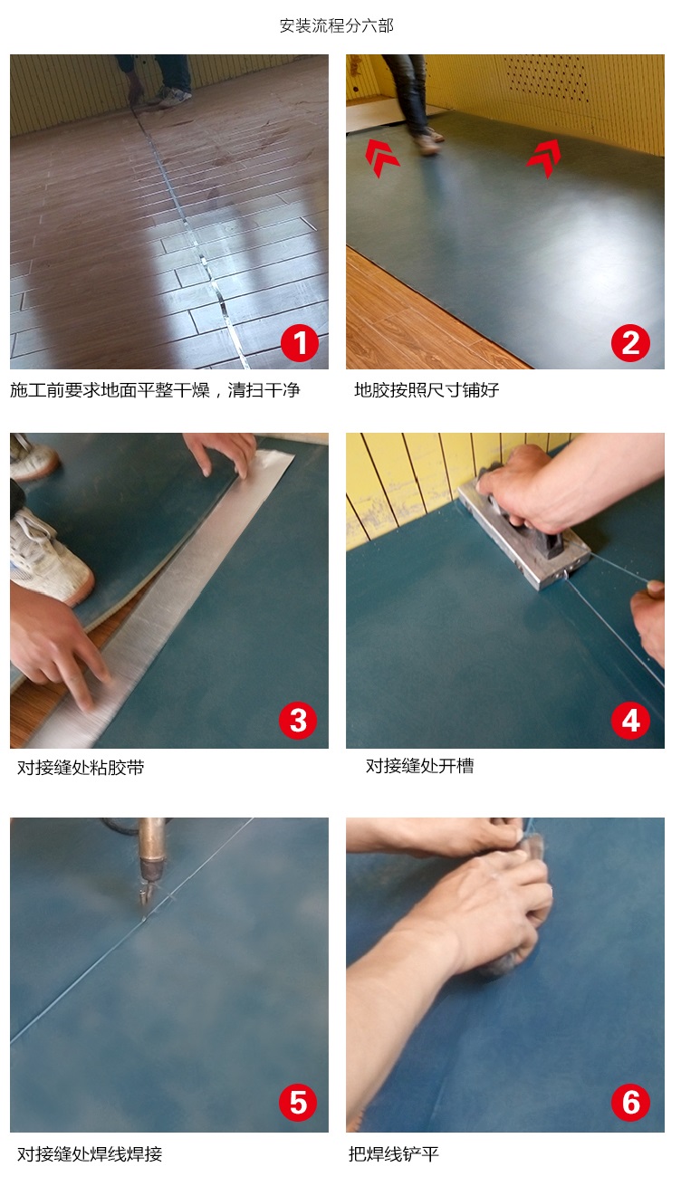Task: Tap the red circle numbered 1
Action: [300, 343]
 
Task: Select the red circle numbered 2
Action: [630, 343]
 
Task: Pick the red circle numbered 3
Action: [298, 720]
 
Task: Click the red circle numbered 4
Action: [630, 720]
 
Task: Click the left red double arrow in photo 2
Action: [381, 158]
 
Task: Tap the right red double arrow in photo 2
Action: [544, 158]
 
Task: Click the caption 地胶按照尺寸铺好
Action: [427, 391]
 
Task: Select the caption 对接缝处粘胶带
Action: [81, 768]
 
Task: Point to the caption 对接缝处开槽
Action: [419, 766]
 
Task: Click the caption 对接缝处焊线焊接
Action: [90, 1154]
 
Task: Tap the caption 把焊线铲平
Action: [393, 1154]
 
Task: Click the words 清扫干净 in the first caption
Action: [264, 391]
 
